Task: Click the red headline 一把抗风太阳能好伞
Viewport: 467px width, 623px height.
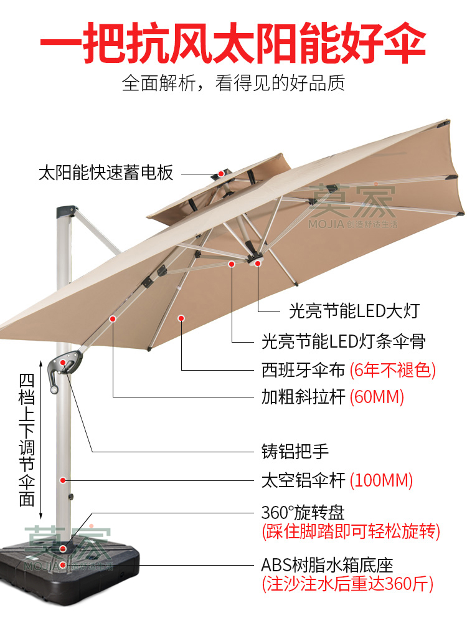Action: tap(233, 42)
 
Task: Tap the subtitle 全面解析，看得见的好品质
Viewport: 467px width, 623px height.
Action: tap(233, 83)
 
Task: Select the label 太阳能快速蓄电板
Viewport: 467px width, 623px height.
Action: tap(106, 173)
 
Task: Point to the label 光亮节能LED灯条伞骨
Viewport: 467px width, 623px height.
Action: tap(344, 341)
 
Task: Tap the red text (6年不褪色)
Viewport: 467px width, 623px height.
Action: tap(392, 370)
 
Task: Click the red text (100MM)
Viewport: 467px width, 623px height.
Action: tap(381, 480)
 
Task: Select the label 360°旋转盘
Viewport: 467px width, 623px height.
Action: tap(303, 513)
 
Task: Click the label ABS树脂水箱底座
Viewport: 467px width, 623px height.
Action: tap(327, 566)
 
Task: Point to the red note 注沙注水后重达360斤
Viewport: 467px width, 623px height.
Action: tap(347, 584)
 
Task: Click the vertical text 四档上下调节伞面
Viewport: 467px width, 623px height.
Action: tap(26, 439)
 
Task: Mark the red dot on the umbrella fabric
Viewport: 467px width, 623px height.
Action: tap(181, 318)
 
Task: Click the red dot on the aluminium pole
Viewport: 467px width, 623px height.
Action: tap(63, 480)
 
